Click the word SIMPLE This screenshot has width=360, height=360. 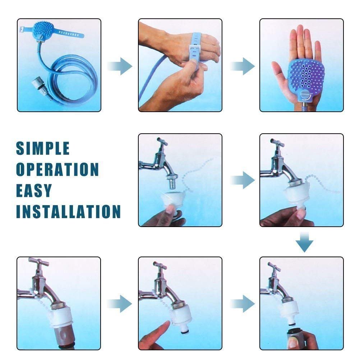coord(43,148)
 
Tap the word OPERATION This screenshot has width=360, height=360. coord(57,169)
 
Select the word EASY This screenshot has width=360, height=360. coord(34,190)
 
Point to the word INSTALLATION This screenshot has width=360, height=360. coord(68,212)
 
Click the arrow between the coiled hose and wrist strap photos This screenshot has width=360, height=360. coord(120,66)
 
